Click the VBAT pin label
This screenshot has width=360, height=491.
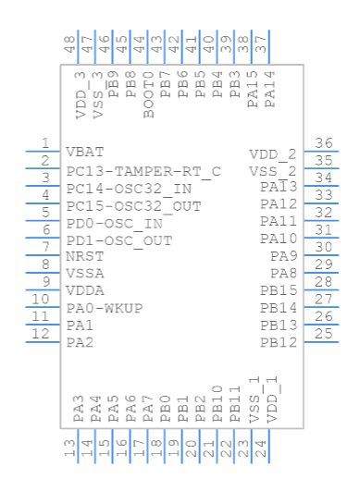(85, 152)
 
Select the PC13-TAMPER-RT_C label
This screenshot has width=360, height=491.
(143, 171)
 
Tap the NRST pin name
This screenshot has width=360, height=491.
(85, 257)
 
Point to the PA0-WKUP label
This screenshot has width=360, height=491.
(105, 308)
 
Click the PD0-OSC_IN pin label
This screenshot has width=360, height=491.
(115, 223)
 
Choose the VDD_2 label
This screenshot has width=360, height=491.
(273, 153)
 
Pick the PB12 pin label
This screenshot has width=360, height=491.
(279, 343)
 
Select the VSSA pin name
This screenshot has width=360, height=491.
(85, 274)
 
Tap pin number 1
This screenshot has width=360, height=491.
(44, 143)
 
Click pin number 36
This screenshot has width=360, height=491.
(324, 143)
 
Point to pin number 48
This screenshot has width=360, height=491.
(69, 44)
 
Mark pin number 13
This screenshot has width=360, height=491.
(69, 448)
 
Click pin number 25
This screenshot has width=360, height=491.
(324, 334)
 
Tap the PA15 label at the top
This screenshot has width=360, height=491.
(253, 89)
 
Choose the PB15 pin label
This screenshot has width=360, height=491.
(279, 291)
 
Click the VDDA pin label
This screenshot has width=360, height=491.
(85, 291)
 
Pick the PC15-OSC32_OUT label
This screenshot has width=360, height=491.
(134, 205)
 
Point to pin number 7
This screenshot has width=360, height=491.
(44, 247)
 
